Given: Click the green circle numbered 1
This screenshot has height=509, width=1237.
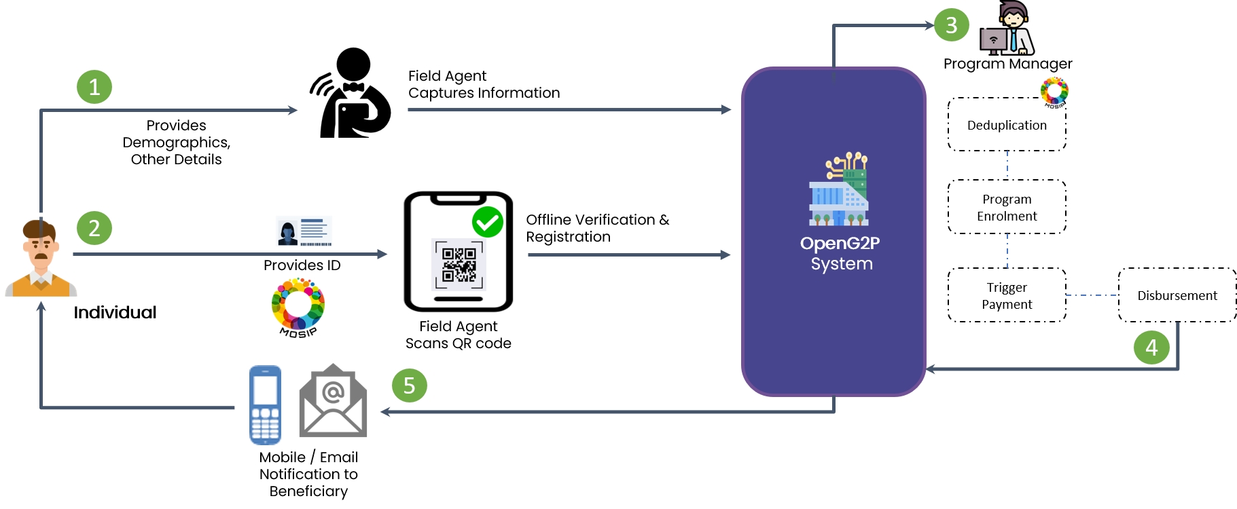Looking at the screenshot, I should pos(94,87).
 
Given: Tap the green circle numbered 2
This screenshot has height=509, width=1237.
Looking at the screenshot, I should pos(94,228).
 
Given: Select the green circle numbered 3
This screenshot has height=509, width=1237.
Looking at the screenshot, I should pos(951,25).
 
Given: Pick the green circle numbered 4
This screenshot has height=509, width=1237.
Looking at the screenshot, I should pos(1151,347).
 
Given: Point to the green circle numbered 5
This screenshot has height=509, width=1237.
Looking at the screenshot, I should pos(409,385).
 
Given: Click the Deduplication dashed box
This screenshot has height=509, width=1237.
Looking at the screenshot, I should pos(1007,125).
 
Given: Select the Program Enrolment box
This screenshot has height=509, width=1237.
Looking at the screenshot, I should pos(1007,207).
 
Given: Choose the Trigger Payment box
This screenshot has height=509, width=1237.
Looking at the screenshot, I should pos(1007,295).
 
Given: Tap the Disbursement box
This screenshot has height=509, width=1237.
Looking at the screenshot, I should pos(1177,295).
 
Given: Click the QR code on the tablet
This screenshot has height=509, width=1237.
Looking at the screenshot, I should pos(459,265).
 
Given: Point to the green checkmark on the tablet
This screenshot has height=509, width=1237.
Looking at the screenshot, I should pos(488,222).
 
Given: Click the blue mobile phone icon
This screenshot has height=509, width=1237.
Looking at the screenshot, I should pos(265,404).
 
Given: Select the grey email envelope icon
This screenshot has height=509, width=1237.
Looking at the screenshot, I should pos(333,402).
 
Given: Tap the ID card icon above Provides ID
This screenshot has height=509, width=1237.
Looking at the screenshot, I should pos(304,231).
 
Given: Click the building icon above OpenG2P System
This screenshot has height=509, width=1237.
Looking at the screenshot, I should pos(840,190).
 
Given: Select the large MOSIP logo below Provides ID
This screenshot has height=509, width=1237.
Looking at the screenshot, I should pos(298,307).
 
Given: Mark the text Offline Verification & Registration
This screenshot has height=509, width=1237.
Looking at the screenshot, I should pos(597,228).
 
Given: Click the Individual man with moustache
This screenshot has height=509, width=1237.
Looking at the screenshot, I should pos(41,259).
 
